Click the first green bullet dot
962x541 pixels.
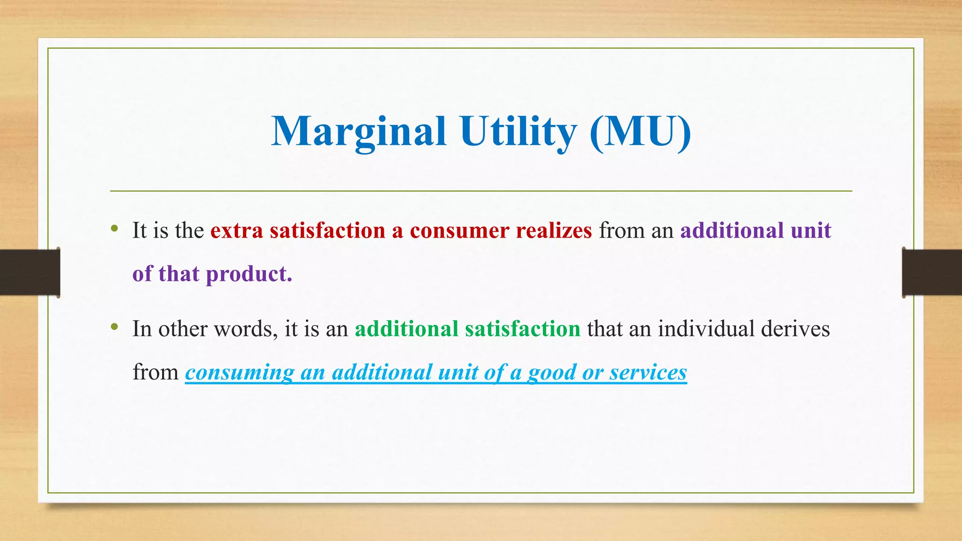click(x=114, y=229)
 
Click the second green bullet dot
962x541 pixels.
click(x=114, y=327)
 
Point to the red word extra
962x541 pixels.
click(x=236, y=231)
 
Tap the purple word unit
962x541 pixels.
click(x=811, y=231)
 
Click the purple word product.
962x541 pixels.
click(x=249, y=274)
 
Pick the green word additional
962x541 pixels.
click(x=406, y=329)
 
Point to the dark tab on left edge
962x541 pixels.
click(x=30, y=272)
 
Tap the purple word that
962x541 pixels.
click(x=178, y=274)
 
